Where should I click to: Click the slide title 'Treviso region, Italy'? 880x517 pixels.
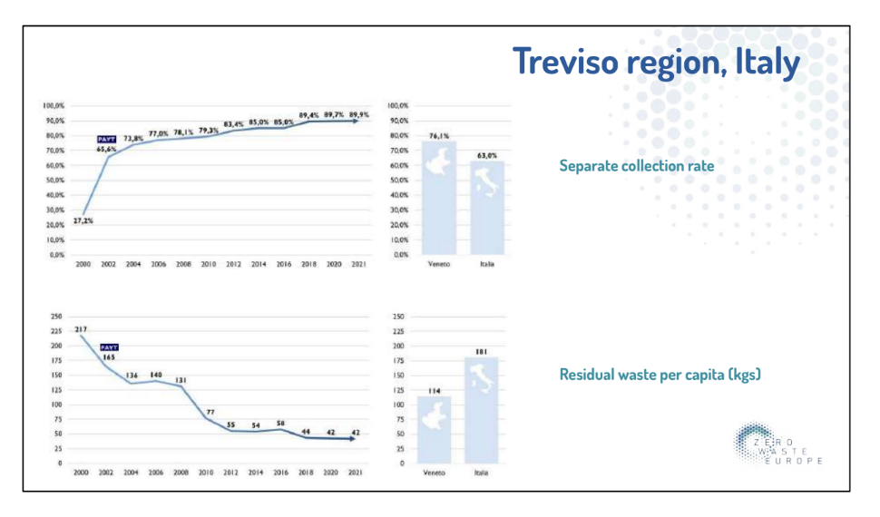[x=656, y=62]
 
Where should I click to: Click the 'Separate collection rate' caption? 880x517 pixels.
[x=636, y=166]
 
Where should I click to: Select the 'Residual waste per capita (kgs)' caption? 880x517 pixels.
[x=659, y=374]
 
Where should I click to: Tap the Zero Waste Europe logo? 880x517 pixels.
[x=777, y=444]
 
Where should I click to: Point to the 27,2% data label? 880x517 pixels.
[x=83, y=221]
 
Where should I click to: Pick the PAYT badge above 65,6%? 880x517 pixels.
[x=108, y=139]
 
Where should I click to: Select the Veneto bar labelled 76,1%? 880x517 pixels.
[x=439, y=198]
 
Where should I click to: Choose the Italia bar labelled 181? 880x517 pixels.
[x=482, y=410]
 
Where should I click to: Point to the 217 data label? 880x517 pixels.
[x=81, y=328]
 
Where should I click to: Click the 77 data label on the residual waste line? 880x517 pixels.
[x=210, y=412]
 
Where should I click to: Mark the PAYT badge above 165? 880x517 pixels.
[x=108, y=347]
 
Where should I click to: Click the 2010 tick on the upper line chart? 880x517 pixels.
[x=209, y=264]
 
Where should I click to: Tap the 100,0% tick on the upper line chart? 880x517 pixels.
[x=54, y=106]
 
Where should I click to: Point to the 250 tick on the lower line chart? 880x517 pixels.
[x=57, y=317]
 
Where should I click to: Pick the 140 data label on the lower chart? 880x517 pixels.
[x=156, y=375]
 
